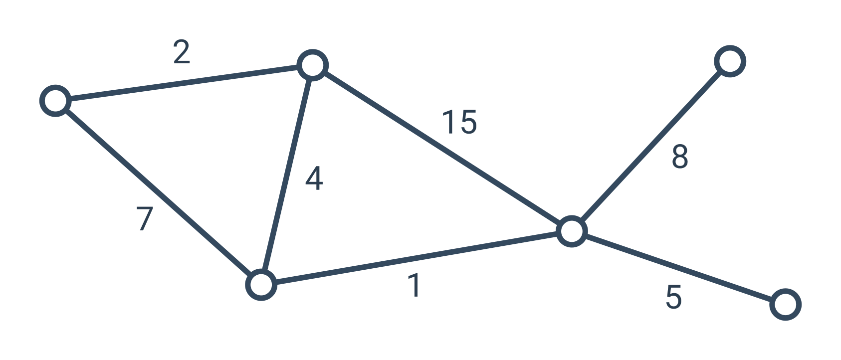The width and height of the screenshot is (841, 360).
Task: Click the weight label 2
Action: click(x=182, y=52)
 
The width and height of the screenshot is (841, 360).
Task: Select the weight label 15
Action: click(x=459, y=122)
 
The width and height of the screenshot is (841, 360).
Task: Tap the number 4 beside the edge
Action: click(x=314, y=179)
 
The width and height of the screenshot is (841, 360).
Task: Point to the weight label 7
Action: click(x=145, y=218)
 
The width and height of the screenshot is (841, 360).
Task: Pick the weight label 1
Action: click(x=414, y=285)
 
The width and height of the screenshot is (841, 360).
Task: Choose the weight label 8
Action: click(x=679, y=156)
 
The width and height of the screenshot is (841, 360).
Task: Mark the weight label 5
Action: click(x=673, y=297)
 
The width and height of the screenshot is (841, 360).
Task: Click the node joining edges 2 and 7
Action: click(x=55, y=101)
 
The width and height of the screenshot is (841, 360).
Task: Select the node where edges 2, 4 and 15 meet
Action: click(x=313, y=65)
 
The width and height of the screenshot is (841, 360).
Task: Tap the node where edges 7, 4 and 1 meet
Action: click(x=261, y=285)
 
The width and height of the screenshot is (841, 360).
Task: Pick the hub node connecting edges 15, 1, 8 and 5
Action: click(x=572, y=231)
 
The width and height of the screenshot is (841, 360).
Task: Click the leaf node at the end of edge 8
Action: click(x=730, y=61)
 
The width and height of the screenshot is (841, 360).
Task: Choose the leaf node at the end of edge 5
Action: click(x=786, y=305)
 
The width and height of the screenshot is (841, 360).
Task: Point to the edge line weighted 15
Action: click(x=442, y=148)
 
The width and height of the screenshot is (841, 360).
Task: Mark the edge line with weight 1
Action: click(x=417, y=258)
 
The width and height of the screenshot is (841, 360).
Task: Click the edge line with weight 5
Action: click(x=678, y=268)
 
